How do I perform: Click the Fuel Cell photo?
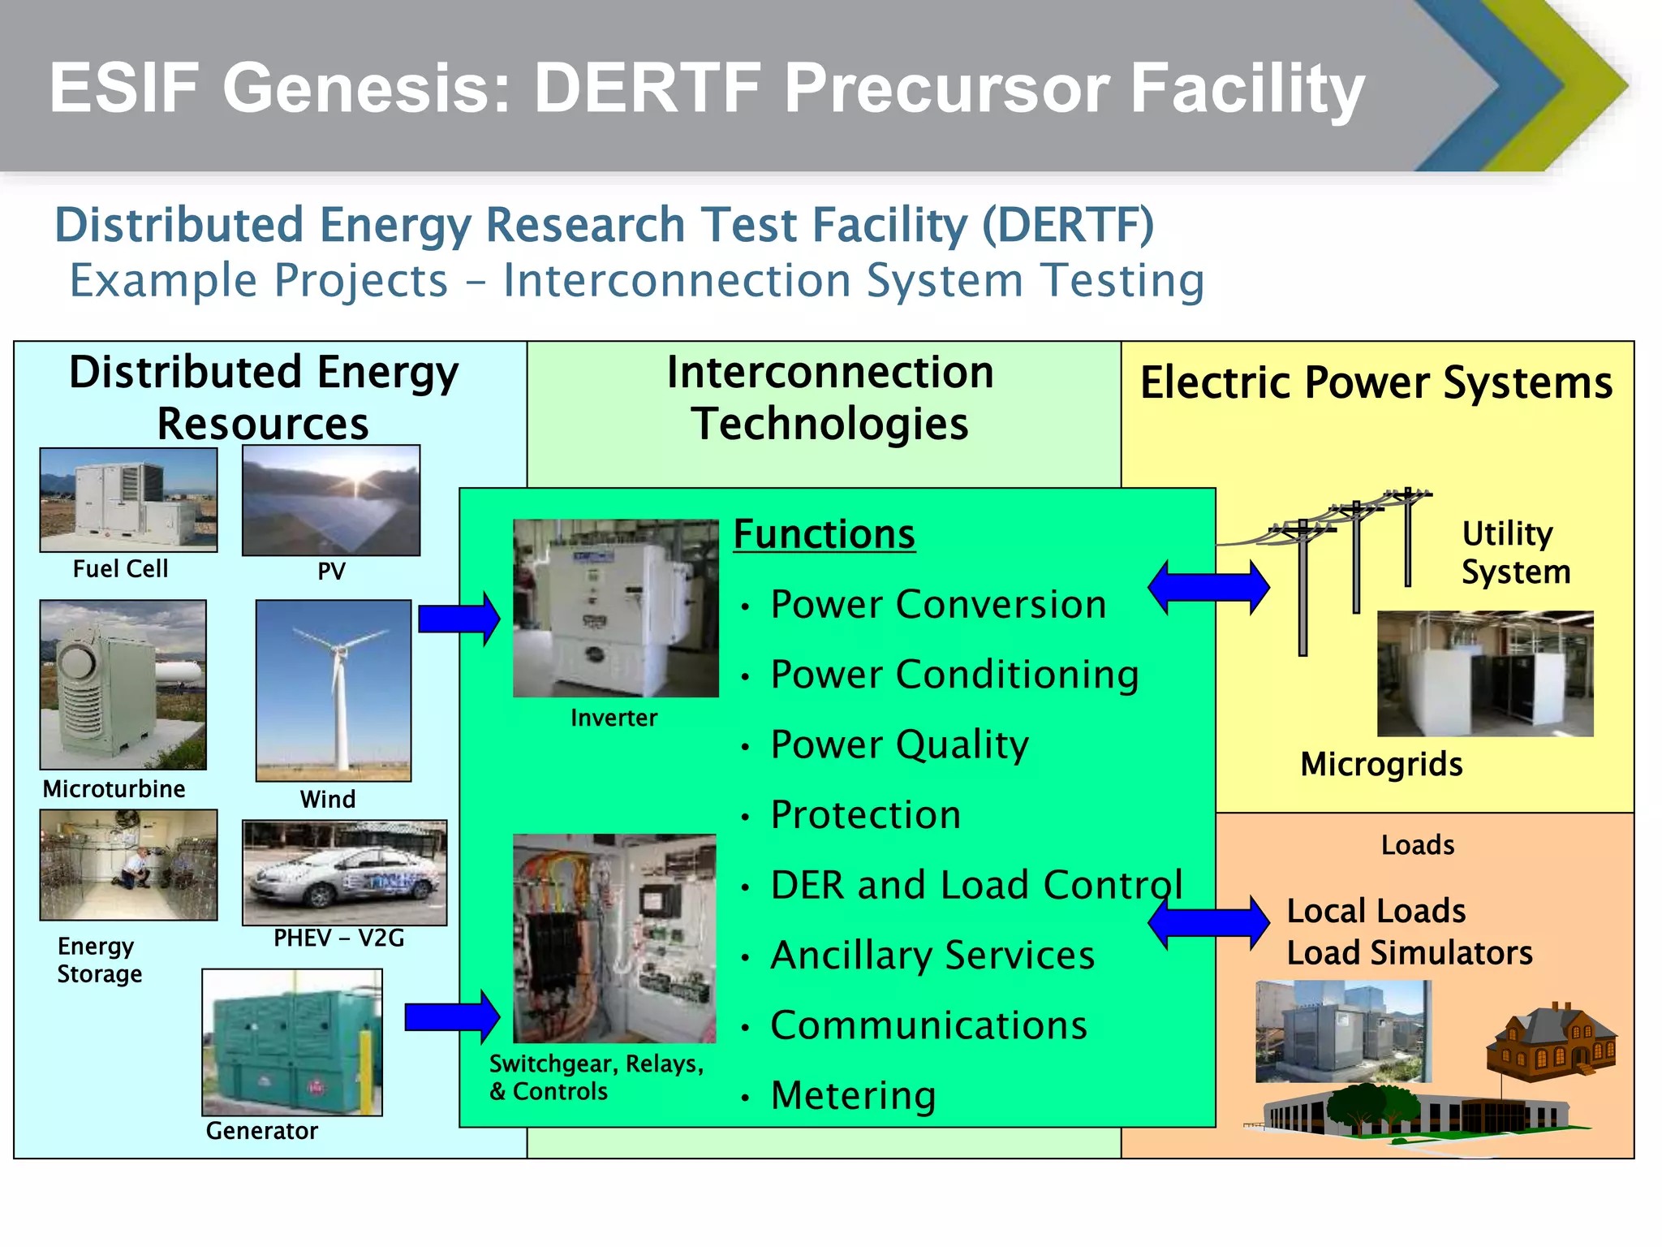point(128,499)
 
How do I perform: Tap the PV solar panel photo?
point(331,500)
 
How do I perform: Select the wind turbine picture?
point(334,690)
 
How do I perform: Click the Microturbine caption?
point(114,789)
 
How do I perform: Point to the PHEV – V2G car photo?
point(344,873)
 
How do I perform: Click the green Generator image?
point(292,1042)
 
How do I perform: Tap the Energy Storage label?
point(99,960)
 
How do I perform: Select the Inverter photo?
point(616,608)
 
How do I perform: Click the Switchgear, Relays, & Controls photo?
point(614,938)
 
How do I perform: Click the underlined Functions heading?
point(824,534)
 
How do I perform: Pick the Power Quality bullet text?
point(899,744)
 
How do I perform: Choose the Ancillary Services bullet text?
point(932,956)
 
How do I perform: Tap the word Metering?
point(853,1095)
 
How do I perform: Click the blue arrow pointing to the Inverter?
point(459,619)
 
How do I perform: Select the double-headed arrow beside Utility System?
point(1208,587)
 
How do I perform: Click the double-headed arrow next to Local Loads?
point(1208,922)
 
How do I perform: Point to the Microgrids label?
point(1381,765)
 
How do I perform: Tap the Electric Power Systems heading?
point(1376,382)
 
